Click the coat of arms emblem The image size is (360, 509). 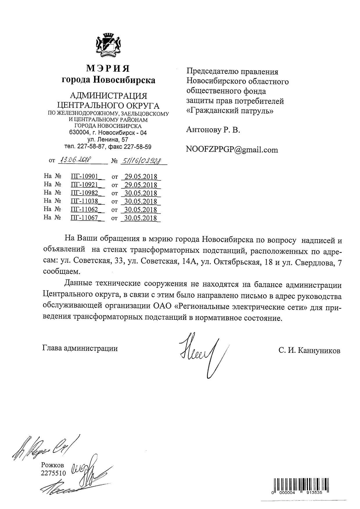click(x=108, y=44)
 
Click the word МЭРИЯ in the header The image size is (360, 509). click(x=108, y=68)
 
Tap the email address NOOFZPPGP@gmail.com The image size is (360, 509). click(x=232, y=150)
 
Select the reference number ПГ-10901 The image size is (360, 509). click(x=84, y=176)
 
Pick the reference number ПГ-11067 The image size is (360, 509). click(x=84, y=218)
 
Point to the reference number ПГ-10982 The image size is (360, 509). click(x=84, y=193)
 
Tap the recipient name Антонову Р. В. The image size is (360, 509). click(x=213, y=130)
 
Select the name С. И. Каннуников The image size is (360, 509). click(x=309, y=351)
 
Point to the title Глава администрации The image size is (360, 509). click(x=80, y=348)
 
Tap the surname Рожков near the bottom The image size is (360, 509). click(x=52, y=465)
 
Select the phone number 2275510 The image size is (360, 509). click(x=53, y=473)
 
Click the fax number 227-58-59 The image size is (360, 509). click(x=137, y=147)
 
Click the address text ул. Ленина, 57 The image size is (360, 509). click(x=108, y=140)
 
